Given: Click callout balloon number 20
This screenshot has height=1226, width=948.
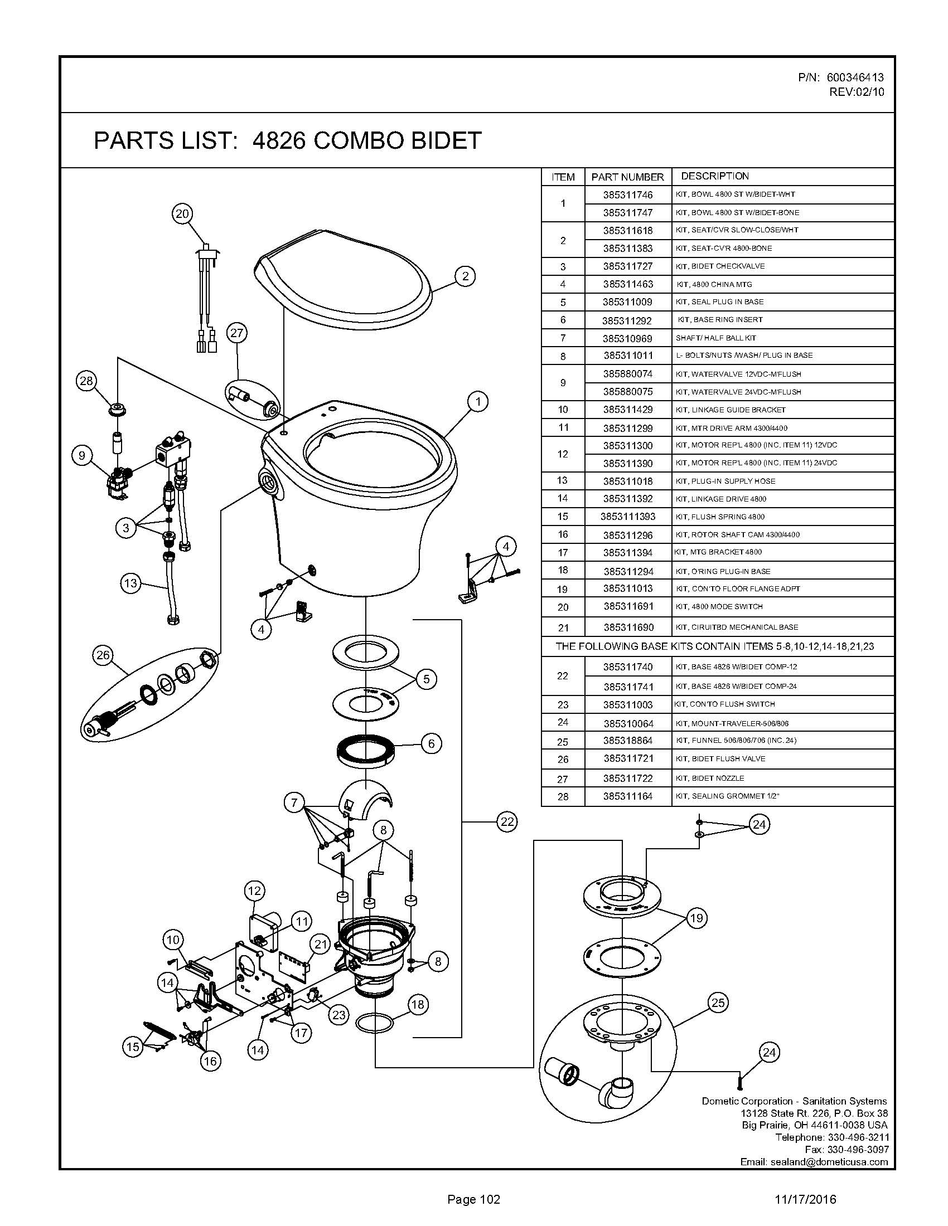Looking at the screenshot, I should tap(183, 213).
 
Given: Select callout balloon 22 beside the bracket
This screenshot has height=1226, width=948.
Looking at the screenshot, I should tap(506, 821).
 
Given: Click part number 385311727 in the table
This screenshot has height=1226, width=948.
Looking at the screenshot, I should tap(628, 266).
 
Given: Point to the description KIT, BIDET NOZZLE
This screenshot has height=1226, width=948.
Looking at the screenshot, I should tap(710, 778).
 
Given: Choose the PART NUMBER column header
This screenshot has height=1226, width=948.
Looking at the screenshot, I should tap(627, 177).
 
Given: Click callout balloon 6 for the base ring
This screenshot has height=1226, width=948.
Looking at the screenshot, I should tap(431, 743).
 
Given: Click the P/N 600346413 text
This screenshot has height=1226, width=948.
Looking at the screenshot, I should tap(841, 77).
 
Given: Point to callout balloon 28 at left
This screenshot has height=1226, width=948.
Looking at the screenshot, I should tap(86, 381).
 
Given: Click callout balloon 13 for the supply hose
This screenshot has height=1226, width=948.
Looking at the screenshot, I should tap(130, 583).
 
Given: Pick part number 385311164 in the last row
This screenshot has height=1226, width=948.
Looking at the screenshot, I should tap(628, 796).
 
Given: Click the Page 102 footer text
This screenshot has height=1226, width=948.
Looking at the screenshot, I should tap(473, 1200).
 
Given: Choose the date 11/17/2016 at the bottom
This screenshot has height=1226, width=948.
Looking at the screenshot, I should tap(805, 1200).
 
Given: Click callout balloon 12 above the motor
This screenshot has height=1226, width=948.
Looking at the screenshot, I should tap(254, 891).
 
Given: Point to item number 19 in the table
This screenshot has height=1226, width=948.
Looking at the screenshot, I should tap(563, 589).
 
